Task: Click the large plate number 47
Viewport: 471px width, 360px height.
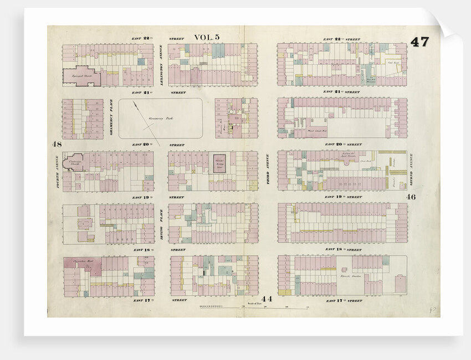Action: pos(419,42)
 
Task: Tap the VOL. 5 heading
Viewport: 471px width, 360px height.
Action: pos(207,37)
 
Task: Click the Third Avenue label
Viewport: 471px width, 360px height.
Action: pos(268,171)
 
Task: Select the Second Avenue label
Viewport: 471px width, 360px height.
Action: pos(411,172)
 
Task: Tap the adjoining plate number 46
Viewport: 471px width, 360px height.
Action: pos(411,197)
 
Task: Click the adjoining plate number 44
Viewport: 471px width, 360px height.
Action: pos(267,299)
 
